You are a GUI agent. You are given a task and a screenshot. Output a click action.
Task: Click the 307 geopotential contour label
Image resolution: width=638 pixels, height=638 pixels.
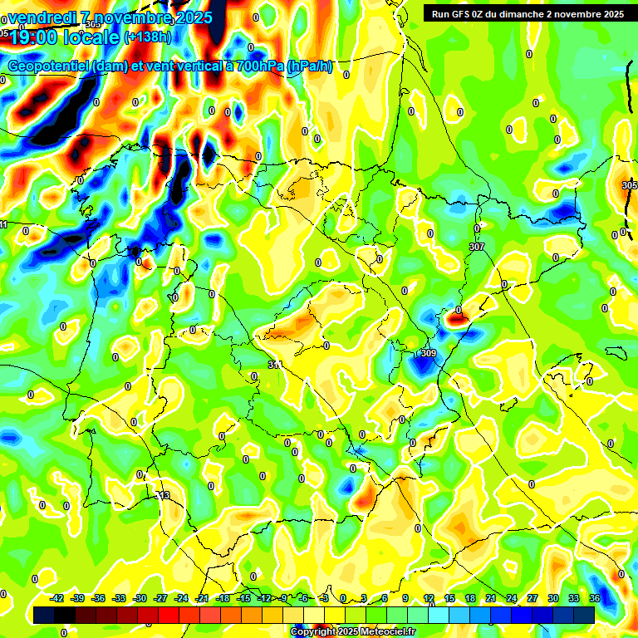(476, 248)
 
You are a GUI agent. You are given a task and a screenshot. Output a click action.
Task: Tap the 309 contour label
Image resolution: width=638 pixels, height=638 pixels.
(429, 354)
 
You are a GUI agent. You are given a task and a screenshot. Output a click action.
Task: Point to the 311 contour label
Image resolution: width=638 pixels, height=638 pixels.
(275, 365)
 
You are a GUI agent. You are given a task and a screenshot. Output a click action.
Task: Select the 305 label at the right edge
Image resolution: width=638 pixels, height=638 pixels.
(629, 185)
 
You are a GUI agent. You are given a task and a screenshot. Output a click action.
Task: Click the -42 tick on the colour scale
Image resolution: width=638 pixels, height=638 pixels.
(57, 598)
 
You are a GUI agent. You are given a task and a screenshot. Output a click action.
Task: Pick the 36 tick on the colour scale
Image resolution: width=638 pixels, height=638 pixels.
(595, 598)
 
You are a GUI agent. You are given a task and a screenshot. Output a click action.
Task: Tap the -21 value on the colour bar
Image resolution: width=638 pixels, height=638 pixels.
(202, 598)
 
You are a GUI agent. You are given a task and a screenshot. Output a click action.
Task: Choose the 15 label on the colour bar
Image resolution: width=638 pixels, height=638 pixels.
(449, 598)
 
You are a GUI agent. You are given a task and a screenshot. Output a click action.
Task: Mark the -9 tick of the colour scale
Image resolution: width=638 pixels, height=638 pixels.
(284, 598)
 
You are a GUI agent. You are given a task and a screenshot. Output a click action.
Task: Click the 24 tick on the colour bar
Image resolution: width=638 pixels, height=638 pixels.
(512, 598)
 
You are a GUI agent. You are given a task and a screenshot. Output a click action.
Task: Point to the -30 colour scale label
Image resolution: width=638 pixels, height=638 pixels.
(140, 598)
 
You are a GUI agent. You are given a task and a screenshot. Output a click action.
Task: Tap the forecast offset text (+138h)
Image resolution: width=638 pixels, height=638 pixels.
(148, 37)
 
